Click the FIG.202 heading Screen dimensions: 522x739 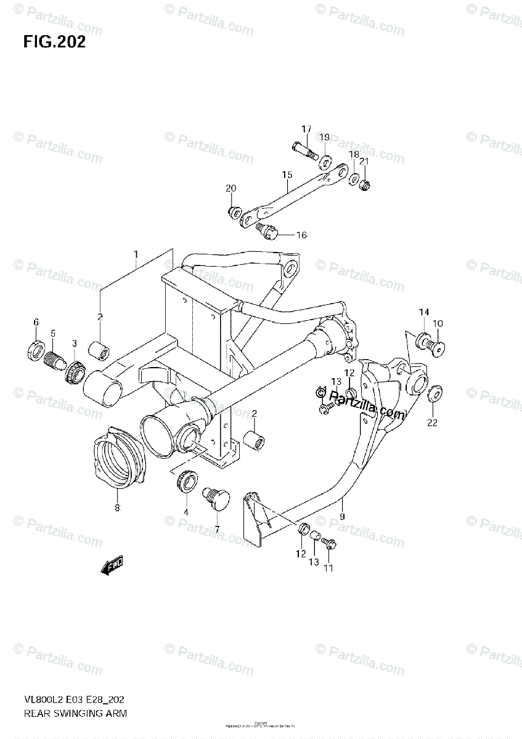(54, 42)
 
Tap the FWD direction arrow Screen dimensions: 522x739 (113, 565)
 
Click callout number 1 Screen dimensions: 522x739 (136, 254)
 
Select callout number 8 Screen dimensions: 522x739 (117, 508)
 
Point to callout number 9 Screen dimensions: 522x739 (342, 503)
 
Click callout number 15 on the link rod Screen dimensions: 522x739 (287, 175)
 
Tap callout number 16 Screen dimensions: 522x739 (301, 235)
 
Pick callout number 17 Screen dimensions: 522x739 (306, 129)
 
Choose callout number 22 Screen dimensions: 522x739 (433, 422)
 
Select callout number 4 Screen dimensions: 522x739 (186, 512)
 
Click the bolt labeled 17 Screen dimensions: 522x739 (301, 148)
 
